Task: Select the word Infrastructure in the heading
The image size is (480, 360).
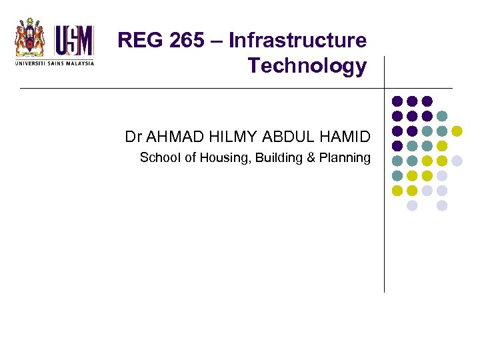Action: pos(297,41)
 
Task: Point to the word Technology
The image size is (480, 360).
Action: pos(307,66)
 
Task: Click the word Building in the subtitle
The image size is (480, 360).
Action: pos(273,158)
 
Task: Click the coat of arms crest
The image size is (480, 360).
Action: pos(30,39)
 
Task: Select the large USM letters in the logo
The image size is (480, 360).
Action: pos(73,40)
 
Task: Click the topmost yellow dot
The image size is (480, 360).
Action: pos(457,130)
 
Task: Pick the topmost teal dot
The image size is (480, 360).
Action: pos(442,115)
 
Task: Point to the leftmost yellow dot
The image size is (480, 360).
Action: pos(397,191)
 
